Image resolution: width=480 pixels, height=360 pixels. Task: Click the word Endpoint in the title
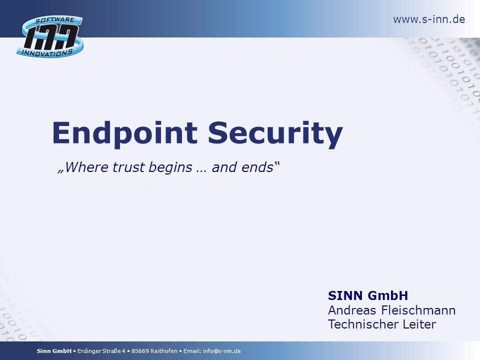click(125, 133)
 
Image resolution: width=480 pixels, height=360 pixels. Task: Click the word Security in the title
click(275, 133)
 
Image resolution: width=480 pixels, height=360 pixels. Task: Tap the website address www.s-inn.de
click(429, 19)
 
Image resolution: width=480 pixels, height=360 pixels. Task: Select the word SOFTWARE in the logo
click(55, 20)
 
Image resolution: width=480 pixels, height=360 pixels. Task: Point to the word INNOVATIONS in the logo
click(47, 53)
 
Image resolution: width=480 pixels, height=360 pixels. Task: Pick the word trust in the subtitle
click(128, 167)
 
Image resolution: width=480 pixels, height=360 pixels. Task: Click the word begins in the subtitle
click(170, 168)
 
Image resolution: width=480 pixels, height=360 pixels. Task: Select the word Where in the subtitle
click(87, 167)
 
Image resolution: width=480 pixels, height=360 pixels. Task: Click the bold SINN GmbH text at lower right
click(368, 295)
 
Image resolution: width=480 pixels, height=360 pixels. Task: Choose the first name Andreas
click(352, 310)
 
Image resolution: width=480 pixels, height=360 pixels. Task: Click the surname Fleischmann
click(418, 310)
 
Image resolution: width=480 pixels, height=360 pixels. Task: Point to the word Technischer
click(363, 324)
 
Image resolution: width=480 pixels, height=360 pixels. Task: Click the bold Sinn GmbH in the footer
click(54, 351)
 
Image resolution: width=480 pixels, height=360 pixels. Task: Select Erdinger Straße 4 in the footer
click(101, 351)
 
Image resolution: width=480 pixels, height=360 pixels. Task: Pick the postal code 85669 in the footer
click(140, 351)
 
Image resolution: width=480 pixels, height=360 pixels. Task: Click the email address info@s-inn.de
click(221, 351)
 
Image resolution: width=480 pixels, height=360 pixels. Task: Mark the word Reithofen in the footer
click(164, 351)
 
